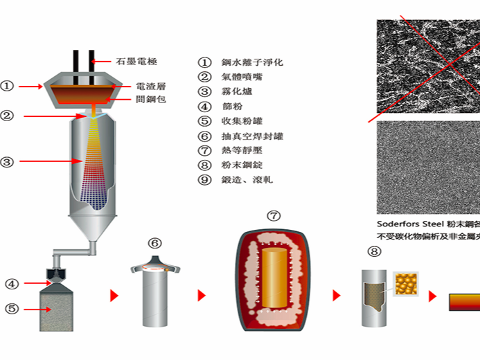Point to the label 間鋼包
click(x=151, y=100)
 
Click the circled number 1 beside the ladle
click(x=7, y=87)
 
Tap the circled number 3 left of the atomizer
click(x=7, y=163)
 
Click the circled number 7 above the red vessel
click(x=274, y=216)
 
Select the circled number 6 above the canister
click(x=155, y=243)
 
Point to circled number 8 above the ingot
click(x=375, y=252)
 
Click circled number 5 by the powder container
click(x=11, y=309)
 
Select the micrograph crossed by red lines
click(x=428, y=66)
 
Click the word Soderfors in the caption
click(x=398, y=224)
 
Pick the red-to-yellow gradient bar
click(x=464, y=302)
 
